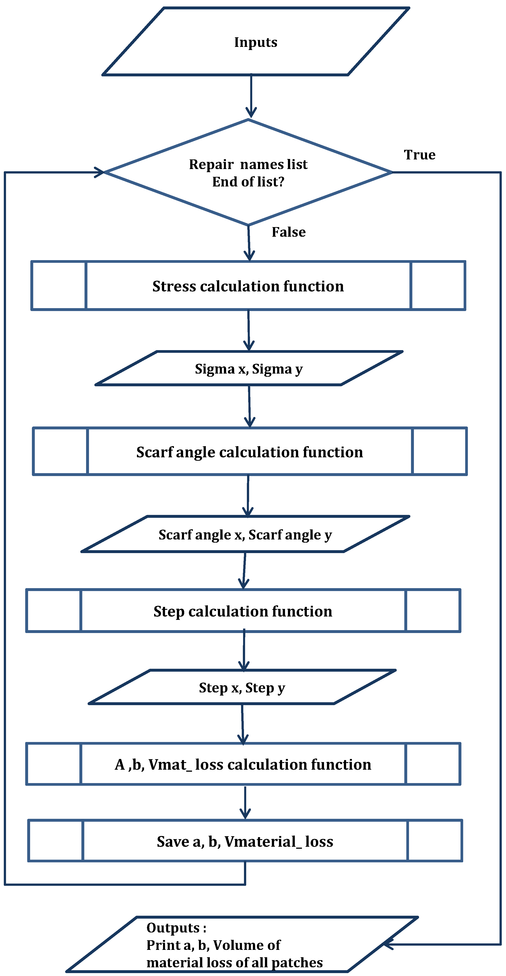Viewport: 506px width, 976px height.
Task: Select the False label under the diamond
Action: (x=289, y=232)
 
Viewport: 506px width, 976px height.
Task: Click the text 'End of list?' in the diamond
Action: (x=248, y=182)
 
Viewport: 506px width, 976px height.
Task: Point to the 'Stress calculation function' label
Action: (x=248, y=286)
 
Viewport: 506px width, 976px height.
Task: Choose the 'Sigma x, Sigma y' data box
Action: (x=249, y=368)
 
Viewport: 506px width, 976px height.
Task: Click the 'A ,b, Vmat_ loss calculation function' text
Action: (x=243, y=765)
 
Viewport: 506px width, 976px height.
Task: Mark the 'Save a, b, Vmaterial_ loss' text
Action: (x=245, y=842)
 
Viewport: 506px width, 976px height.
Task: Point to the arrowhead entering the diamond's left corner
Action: (x=99, y=172)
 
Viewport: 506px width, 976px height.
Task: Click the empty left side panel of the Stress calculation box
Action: (x=59, y=286)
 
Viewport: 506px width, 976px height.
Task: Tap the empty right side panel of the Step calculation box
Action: (x=433, y=611)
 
